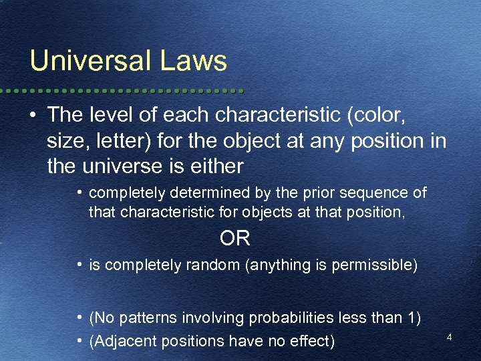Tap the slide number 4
click(x=450, y=338)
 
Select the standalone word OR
click(x=234, y=239)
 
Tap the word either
click(x=220, y=166)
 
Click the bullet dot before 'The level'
click(x=32, y=115)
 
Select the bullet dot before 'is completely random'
click(x=79, y=265)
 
